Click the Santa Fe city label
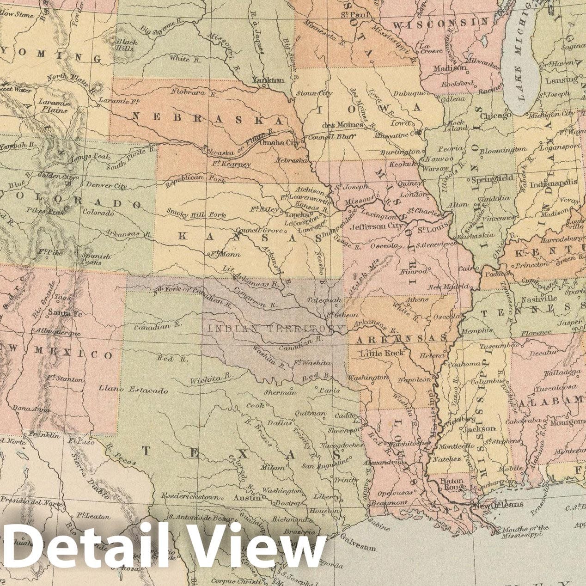coord(65,313)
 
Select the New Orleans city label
coord(498,504)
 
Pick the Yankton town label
coord(268,80)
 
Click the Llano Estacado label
coord(133,391)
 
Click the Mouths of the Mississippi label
coord(528,531)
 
